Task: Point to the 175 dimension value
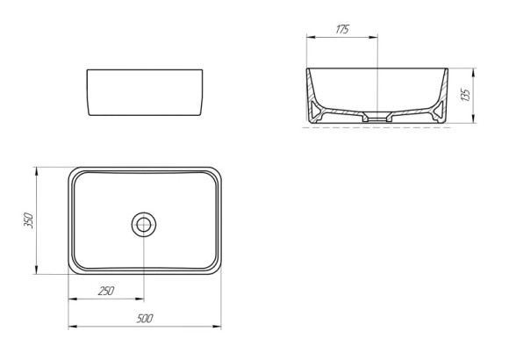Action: click(x=342, y=29)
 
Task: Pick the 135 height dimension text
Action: click(x=467, y=94)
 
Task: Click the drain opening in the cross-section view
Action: click(x=377, y=115)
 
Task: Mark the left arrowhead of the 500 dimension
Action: click(x=72, y=328)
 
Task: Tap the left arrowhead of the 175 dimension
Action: click(x=308, y=38)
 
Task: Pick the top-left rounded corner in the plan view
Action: click(x=75, y=173)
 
